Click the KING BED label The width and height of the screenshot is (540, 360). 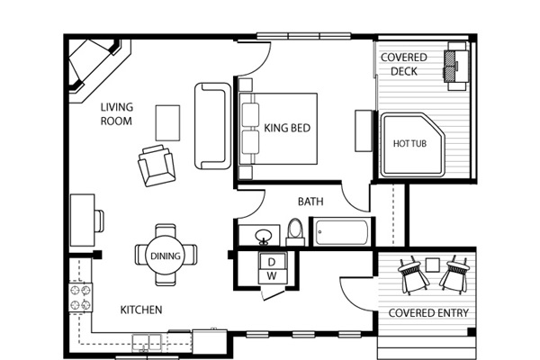(x=287, y=128)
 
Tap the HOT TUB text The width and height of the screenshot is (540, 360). (x=409, y=143)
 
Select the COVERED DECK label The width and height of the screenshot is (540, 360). (x=404, y=64)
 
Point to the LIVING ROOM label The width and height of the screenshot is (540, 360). (x=117, y=114)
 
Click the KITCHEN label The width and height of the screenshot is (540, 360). (x=141, y=310)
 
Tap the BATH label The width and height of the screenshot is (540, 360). (x=310, y=202)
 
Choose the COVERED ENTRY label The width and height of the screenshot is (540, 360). (x=428, y=313)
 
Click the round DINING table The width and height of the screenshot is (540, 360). (x=166, y=256)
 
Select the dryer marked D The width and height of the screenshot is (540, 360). (x=273, y=261)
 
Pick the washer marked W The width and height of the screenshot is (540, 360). (x=272, y=276)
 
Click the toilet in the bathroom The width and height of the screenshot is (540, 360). (x=295, y=232)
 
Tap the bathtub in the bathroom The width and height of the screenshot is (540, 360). (x=342, y=232)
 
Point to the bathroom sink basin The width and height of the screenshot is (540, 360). (x=264, y=237)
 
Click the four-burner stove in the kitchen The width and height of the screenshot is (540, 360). (x=81, y=297)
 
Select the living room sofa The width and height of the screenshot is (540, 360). (x=212, y=126)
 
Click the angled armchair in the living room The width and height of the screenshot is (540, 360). (x=157, y=166)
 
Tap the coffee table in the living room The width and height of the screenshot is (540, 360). (x=167, y=123)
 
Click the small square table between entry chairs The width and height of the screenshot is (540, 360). (x=433, y=265)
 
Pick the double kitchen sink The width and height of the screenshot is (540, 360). (x=147, y=342)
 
